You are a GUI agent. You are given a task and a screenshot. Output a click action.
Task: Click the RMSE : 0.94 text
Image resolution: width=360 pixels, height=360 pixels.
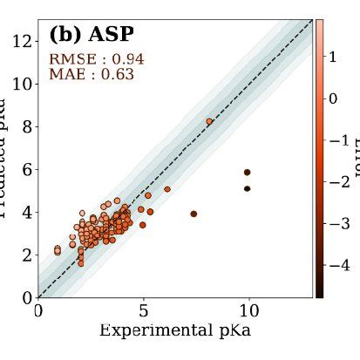tap(96, 59)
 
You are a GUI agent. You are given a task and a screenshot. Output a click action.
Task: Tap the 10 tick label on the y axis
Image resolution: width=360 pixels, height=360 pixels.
tap(21, 83)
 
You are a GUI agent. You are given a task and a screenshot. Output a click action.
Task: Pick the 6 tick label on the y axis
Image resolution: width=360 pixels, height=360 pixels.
tap(26, 168)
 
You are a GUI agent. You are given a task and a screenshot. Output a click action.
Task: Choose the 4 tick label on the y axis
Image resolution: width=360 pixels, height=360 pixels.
tap(26, 211)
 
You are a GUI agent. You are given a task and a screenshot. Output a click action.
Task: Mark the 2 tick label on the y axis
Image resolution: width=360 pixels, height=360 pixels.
tap(26, 254)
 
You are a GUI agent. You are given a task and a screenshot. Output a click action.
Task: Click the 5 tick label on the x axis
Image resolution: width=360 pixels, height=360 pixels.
tap(144, 310)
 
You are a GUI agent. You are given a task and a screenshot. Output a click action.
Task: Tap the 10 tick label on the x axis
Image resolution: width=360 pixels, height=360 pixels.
tap(249, 310)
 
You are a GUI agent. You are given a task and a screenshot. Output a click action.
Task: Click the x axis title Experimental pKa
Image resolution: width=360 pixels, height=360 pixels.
tap(174, 330)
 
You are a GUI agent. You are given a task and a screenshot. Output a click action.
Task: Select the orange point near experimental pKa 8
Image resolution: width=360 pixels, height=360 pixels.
tap(209, 121)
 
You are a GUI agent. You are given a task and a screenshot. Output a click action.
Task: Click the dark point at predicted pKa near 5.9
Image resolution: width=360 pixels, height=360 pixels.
tap(248, 173)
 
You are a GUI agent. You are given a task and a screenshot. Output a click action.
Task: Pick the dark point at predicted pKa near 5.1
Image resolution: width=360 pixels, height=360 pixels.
tap(248, 188)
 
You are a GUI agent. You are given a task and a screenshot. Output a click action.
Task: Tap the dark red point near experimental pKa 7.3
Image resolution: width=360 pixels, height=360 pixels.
tap(194, 214)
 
